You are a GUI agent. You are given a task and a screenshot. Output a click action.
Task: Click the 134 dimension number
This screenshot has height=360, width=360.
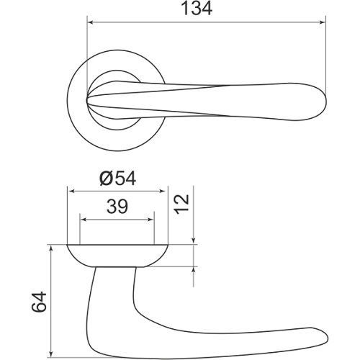click(197, 9)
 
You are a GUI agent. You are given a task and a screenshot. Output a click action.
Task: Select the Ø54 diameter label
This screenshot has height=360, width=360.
click(118, 179)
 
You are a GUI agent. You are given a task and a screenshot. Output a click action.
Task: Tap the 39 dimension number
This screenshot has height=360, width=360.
click(117, 207)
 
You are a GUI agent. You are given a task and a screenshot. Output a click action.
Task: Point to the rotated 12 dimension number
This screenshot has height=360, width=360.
click(181, 204)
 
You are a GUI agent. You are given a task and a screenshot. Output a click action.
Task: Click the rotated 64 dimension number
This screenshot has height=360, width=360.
click(39, 302)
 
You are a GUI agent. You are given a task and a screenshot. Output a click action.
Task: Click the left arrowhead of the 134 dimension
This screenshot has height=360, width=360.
click(90, 22)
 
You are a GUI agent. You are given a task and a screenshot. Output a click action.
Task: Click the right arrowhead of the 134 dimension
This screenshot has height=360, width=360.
click(322, 22)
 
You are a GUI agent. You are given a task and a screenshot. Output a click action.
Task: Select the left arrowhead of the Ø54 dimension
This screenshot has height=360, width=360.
click(71, 192)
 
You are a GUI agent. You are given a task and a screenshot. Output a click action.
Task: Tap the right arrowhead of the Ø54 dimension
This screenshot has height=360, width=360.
click(163, 192)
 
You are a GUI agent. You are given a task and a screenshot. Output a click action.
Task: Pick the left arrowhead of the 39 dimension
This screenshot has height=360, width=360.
click(84, 220)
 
